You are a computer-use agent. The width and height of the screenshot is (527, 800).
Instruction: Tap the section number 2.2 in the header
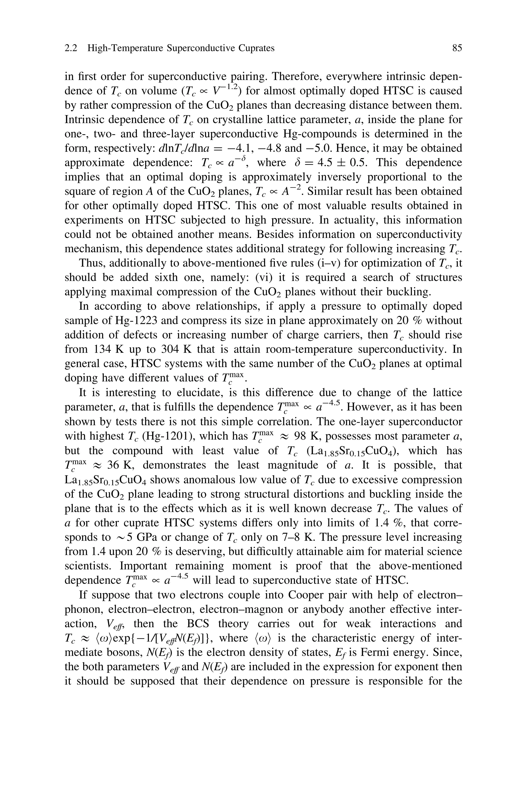pos(71,48)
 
